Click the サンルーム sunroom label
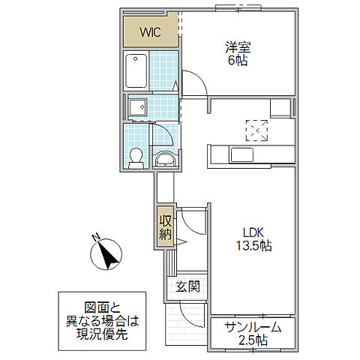point(252,327)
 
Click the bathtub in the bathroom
point(136,72)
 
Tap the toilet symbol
point(136,157)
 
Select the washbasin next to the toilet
point(164,159)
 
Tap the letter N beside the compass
point(96,238)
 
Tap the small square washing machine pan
point(138,109)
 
